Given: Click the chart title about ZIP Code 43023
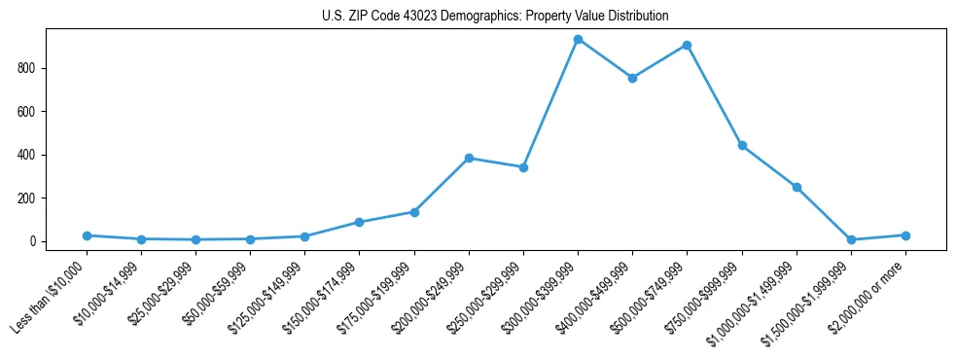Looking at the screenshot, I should tap(495, 16).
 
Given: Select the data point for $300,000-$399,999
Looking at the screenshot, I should tap(579, 40).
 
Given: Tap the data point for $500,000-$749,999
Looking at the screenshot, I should tap(688, 45).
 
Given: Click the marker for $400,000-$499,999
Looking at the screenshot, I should tap(633, 78).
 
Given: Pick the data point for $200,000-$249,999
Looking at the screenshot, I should tap(469, 158).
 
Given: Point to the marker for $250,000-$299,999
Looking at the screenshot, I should tap(523, 167).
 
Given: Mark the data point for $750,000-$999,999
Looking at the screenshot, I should tap(742, 146).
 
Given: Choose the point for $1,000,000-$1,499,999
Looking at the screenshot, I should tap(797, 187).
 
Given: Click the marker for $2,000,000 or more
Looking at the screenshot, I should tap(905, 235).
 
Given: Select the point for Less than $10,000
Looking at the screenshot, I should tap(88, 235).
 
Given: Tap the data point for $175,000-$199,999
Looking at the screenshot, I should tap(414, 212).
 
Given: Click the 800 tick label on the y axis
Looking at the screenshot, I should tap(27, 68).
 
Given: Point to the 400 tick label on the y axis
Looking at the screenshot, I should tap(27, 155).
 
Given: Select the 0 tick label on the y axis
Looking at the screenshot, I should tap(33, 241).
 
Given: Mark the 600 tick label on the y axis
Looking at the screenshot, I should tap(27, 112).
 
